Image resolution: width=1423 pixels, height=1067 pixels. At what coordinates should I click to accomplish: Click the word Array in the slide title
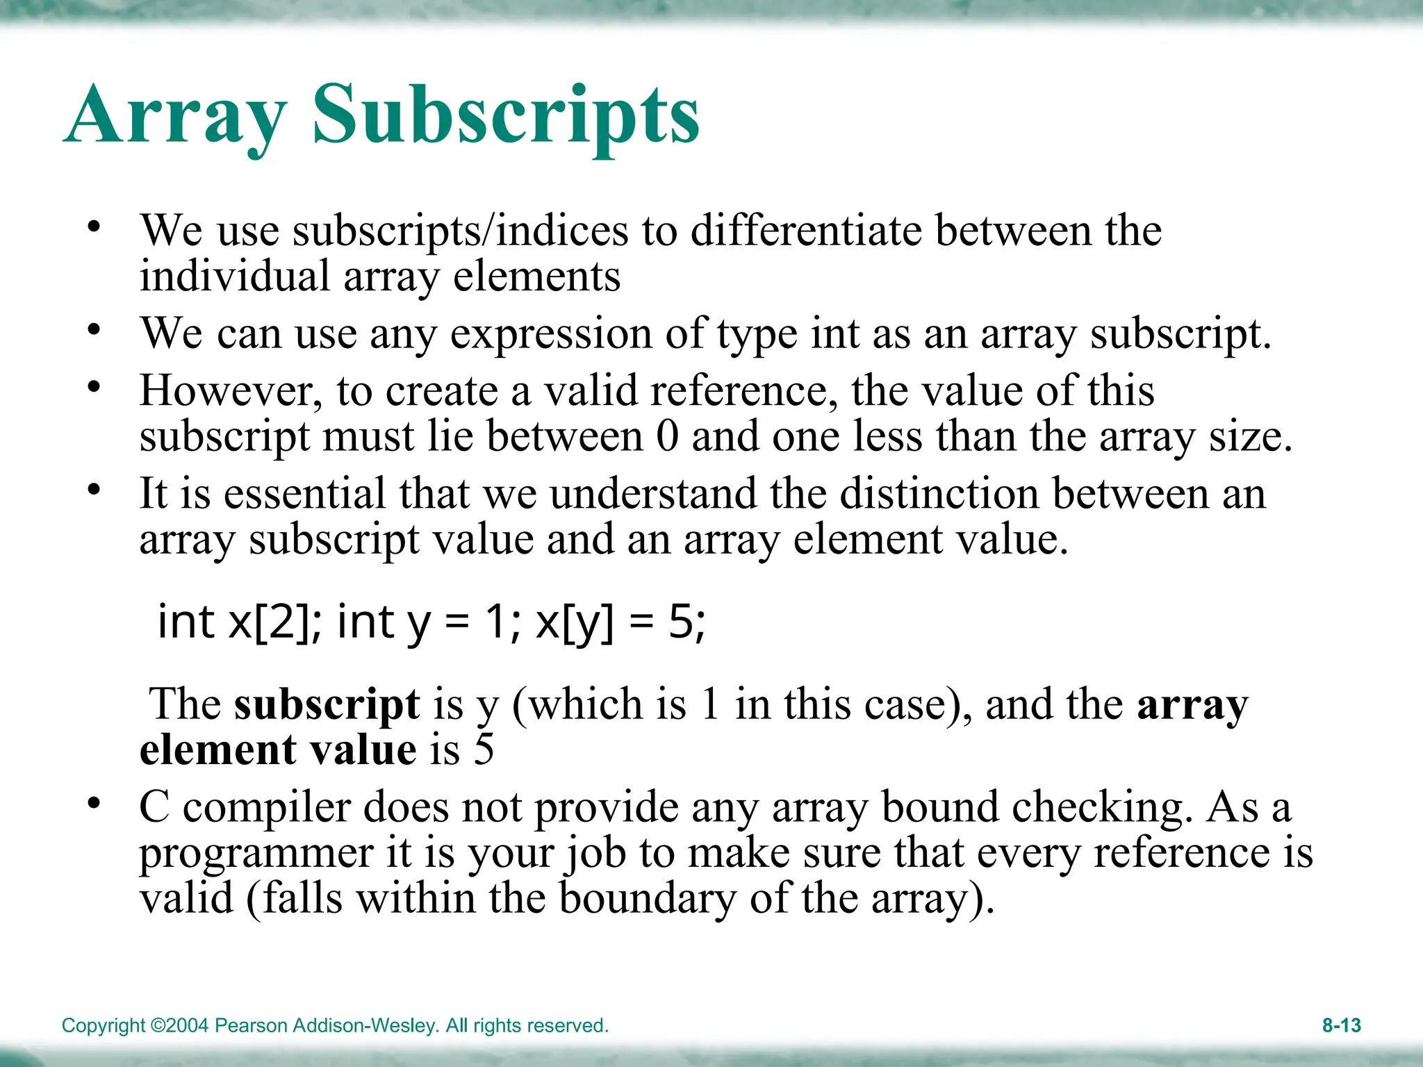(176, 115)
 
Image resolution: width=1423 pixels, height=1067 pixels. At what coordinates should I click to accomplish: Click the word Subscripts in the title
(506, 115)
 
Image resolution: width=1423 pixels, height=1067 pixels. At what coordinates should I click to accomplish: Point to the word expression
(551, 334)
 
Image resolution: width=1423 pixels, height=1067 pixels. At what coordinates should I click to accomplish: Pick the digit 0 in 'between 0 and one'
(667, 436)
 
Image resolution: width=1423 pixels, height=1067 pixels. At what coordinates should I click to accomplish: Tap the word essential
(304, 493)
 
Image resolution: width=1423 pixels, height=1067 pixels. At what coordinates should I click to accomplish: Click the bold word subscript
(327, 704)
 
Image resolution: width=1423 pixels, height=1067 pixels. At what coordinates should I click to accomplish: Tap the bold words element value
(278, 750)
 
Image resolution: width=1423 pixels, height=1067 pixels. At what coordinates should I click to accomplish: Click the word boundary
(647, 898)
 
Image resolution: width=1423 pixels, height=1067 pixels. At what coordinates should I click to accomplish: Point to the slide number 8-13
(1341, 1025)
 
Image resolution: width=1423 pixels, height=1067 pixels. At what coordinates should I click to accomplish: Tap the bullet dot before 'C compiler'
(94, 804)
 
